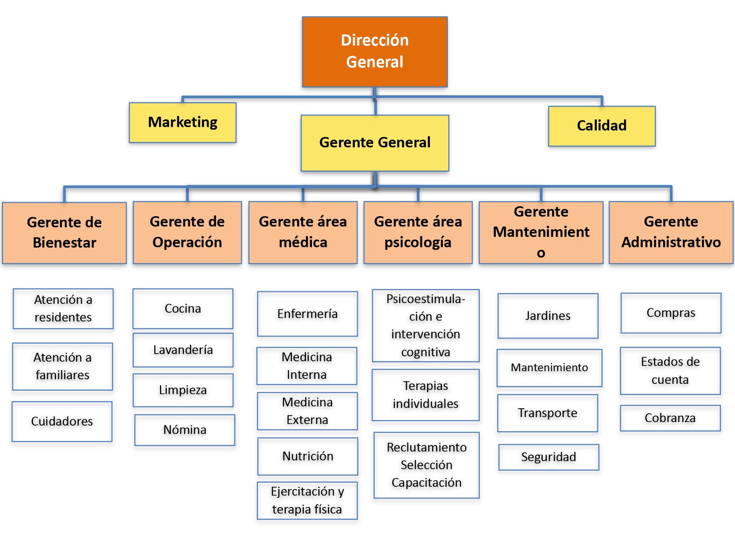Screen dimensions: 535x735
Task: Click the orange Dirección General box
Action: [x=374, y=51]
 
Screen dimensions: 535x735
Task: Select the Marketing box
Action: [x=182, y=122]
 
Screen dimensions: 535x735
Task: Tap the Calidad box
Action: [x=601, y=126]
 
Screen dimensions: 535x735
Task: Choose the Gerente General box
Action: [x=374, y=143]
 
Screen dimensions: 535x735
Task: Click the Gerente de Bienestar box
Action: [x=64, y=232]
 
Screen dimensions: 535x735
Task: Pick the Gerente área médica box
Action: [x=303, y=232]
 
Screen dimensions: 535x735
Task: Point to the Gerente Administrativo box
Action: [x=671, y=232]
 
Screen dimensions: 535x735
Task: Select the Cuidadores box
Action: [x=62, y=421]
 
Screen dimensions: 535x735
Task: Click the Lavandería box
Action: [x=183, y=350]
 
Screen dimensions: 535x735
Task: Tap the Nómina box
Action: [x=185, y=430]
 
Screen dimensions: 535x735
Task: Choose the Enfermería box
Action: [x=307, y=314]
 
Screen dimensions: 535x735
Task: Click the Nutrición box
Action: [x=308, y=456]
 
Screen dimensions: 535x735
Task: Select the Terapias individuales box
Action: [x=425, y=394]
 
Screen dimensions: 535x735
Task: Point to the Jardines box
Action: [x=548, y=315]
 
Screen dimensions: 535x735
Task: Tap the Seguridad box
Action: [x=548, y=457]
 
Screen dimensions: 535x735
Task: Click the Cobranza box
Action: [x=670, y=418]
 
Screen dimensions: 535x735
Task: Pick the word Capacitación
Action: [x=426, y=483]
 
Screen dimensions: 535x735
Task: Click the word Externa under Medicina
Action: [x=307, y=420]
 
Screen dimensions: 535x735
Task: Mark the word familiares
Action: [x=62, y=375]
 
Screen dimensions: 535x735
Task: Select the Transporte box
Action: [x=548, y=413]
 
